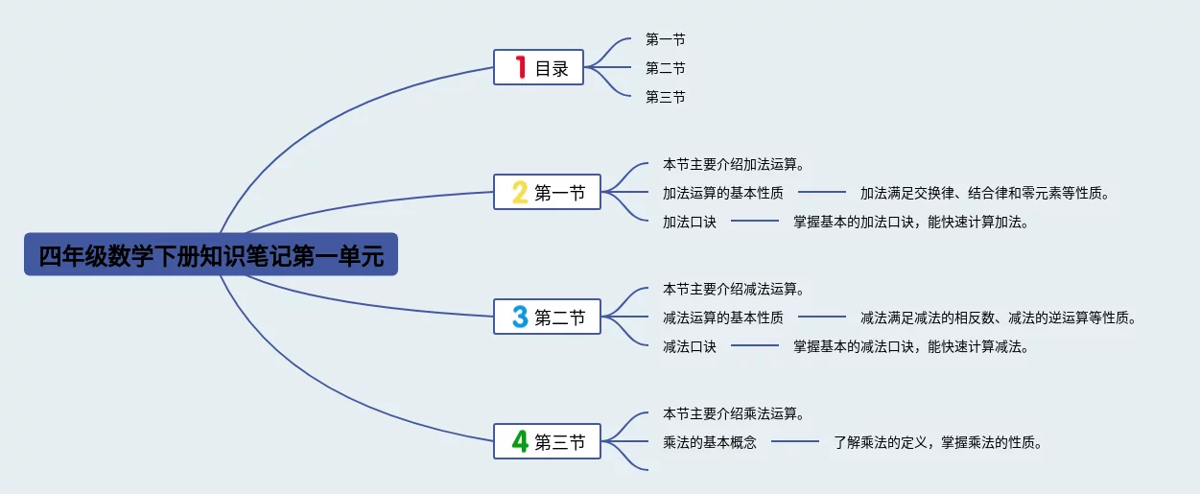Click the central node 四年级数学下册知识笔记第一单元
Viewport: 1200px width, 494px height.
tap(210, 254)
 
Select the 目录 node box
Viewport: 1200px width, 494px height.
tap(538, 67)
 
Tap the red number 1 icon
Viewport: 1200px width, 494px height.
tap(520, 67)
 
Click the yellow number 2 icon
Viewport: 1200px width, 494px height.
tap(520, 192)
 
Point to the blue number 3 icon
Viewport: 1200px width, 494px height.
tap(520, 317)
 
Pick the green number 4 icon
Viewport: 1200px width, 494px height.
tap(520, 441)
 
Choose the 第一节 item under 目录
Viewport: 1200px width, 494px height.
tap(665, 39)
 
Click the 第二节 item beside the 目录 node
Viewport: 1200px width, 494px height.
tap(665, 68)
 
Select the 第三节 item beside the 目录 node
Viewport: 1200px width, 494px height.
tap(665, 97)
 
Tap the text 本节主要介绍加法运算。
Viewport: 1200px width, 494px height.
tap(733, 164)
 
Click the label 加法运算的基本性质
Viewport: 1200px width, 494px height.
tap(722, 193)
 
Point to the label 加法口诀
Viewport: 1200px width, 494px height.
tap(689, 222)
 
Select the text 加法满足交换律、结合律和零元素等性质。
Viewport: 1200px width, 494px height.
tap(985, 193)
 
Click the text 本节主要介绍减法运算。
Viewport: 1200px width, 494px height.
tap(733, 289)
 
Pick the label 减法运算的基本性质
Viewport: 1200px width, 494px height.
tap(722, 318)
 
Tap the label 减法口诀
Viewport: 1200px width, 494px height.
tap(689, 346)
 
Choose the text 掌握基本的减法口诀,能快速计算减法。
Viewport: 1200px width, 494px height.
tap(911, 346)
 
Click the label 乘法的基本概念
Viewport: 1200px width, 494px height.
tap(709, 442)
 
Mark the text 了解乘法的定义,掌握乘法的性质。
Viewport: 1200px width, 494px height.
tap(938, 442)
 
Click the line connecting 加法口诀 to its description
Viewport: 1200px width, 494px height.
tap(755, 222)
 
